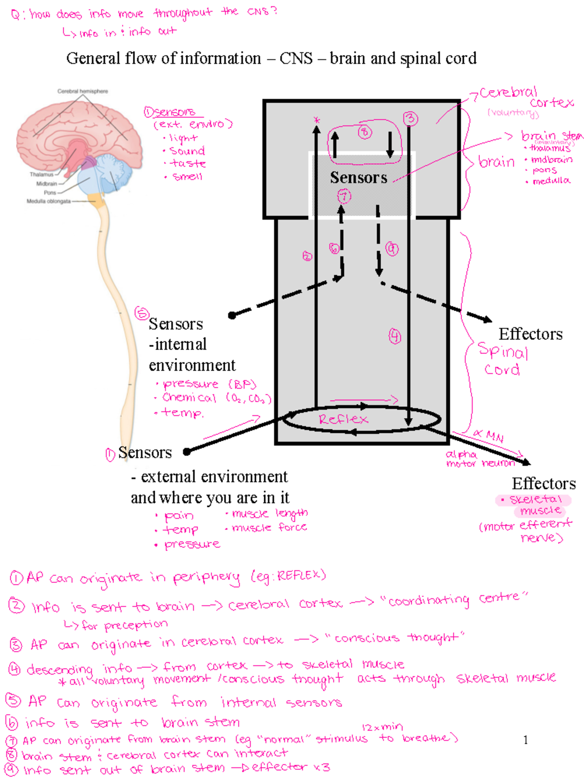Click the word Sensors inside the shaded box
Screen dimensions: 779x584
pos(359,178)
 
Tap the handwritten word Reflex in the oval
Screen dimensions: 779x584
pos(343,419)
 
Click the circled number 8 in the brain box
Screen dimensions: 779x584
pos(365,132)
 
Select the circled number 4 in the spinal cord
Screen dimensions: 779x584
pos(395,336)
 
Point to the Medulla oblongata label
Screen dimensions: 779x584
pos(49,201)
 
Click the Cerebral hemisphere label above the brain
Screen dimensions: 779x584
pos(83,91)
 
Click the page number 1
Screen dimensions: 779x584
pos(526,740)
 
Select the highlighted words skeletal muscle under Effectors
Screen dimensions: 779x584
pos(535,505)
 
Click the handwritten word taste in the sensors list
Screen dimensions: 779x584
pos(188,164)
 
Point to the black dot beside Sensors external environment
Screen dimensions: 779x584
pos(186,452)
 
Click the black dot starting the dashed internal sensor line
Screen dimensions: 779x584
pos(232,315)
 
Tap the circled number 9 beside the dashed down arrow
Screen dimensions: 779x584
pos(392,249)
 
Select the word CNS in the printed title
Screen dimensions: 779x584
pos(296,58)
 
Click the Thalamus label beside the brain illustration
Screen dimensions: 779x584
pos(41,174)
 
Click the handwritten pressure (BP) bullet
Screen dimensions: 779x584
pos(209,384)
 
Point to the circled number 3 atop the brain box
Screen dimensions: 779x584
pos(410,118)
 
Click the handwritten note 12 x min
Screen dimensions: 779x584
pos(383,727)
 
